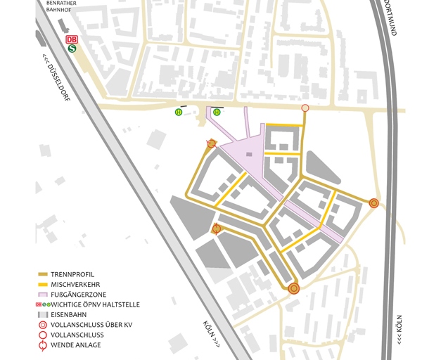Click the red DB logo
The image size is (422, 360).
click(71, 40)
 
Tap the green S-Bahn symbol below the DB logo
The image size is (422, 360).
click(71, 49)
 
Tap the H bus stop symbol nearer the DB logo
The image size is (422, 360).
click(179, 112)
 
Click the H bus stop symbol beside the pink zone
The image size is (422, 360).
click(217, 112)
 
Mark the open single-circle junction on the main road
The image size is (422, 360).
click(305, 108)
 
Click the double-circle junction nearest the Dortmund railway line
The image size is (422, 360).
click(374, 203)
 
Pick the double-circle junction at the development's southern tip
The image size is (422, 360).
click(294, 288)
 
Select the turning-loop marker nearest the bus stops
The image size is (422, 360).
click(212, 143)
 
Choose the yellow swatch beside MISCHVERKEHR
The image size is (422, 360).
click(42, 283)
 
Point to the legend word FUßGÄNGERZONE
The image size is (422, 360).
click(81, 294)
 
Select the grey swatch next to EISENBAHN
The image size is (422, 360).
click(42, 315)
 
